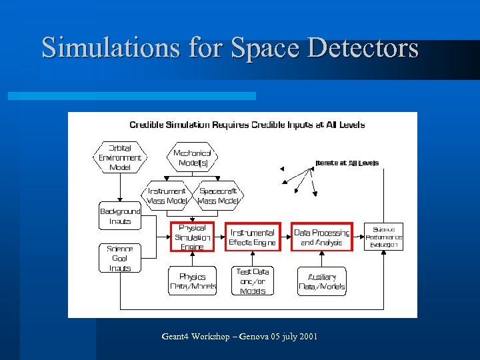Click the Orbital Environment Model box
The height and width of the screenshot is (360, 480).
coord(120,157)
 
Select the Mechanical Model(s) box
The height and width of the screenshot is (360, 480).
coord(192,157)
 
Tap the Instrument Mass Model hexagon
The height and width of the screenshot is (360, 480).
coord(167,195)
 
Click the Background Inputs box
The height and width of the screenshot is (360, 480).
coord(120,216)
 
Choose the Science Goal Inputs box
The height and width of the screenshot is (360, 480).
coord(120,258)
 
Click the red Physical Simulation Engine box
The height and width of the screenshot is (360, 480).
coord(192,237)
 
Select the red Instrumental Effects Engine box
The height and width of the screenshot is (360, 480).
coord(251,237)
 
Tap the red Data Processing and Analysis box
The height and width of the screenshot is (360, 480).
coord(322,237)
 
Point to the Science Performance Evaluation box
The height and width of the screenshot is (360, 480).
coord(384,237)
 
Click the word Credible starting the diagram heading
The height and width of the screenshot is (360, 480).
coord(150,125)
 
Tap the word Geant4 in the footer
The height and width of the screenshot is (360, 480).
coord(177,337)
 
